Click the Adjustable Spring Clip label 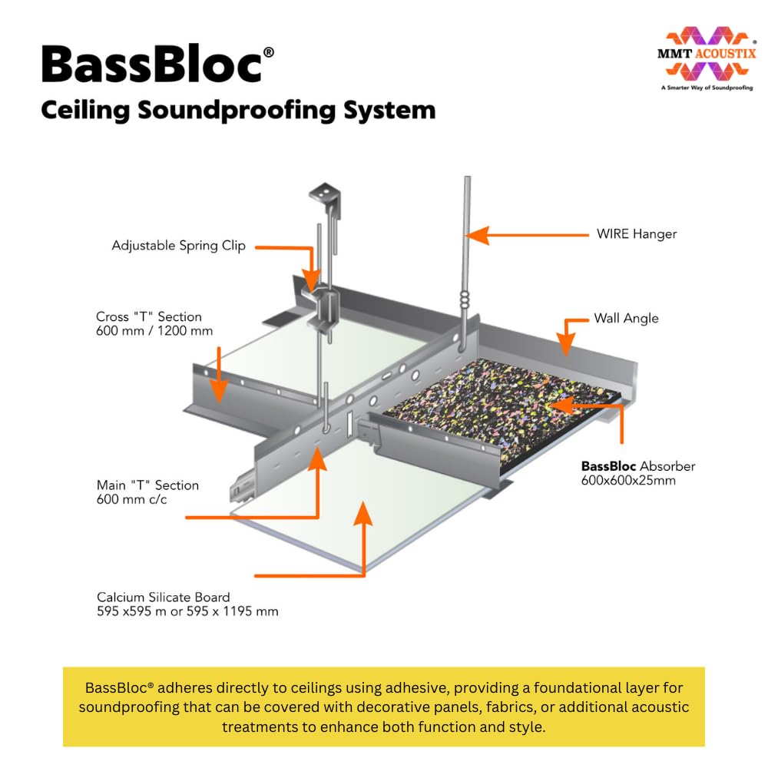[178, 246]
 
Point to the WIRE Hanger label [637, 233]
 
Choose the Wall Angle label [626, 318]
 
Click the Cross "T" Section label [149, 316]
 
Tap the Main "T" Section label [147, 485]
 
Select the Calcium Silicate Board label [164, 597]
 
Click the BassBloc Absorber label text [638, 466]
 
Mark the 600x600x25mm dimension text [627, 481]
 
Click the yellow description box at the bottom [383, 706]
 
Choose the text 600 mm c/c [132, 500]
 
